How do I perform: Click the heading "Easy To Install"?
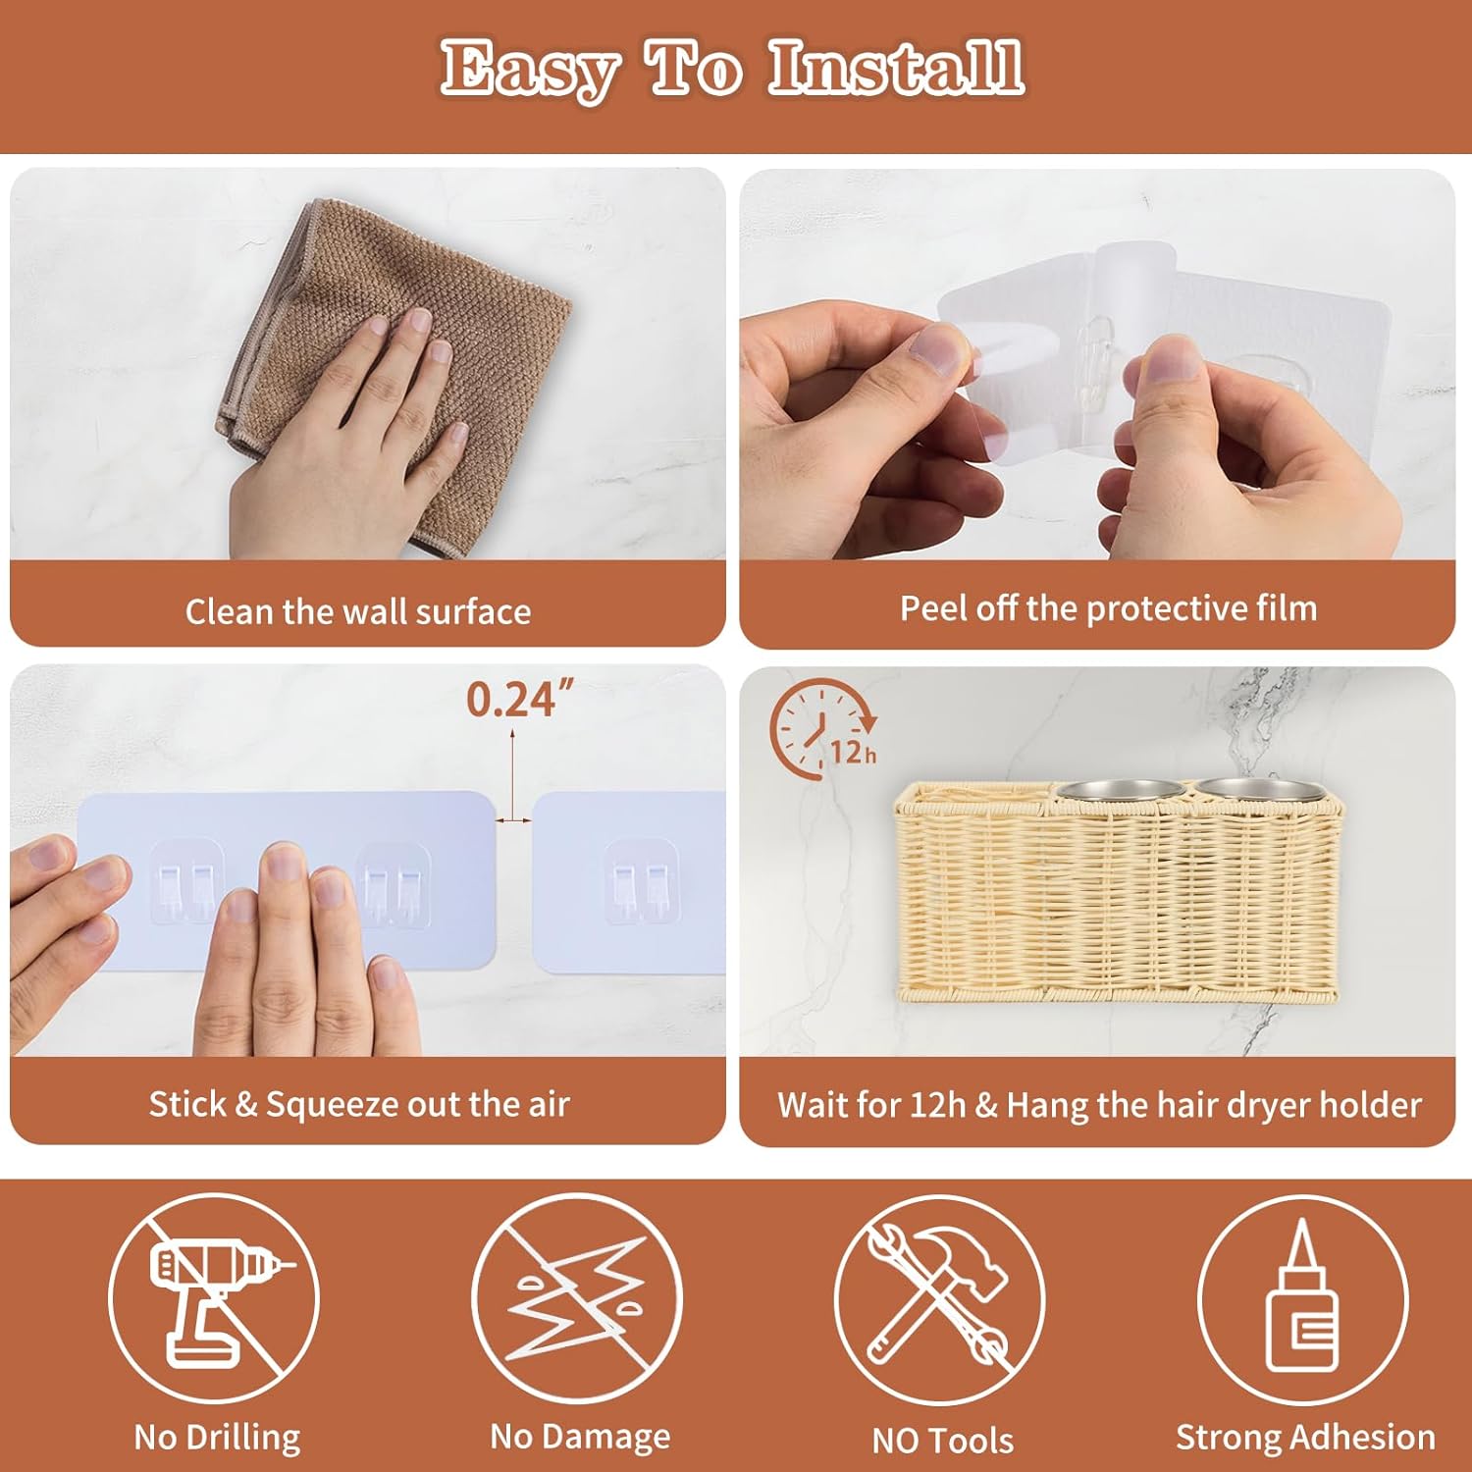(732, 69)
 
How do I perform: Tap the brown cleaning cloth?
(393, 373)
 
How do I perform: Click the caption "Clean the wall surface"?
(358, 611)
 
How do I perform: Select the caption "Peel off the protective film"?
(1109, 608)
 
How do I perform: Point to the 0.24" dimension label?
(519, 700)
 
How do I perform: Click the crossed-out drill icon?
(213, 1297)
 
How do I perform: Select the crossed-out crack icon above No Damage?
(577, 1297)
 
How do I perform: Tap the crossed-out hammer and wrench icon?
(939, 1297)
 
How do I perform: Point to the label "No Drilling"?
(217, 1438)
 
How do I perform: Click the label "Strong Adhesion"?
(1305, 1438)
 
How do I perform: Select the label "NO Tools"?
(942, 1440)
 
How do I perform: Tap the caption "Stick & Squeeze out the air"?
(359, 1104)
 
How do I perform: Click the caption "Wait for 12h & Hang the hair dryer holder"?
(1099, 1105)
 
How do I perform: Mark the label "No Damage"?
(580, 1437)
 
